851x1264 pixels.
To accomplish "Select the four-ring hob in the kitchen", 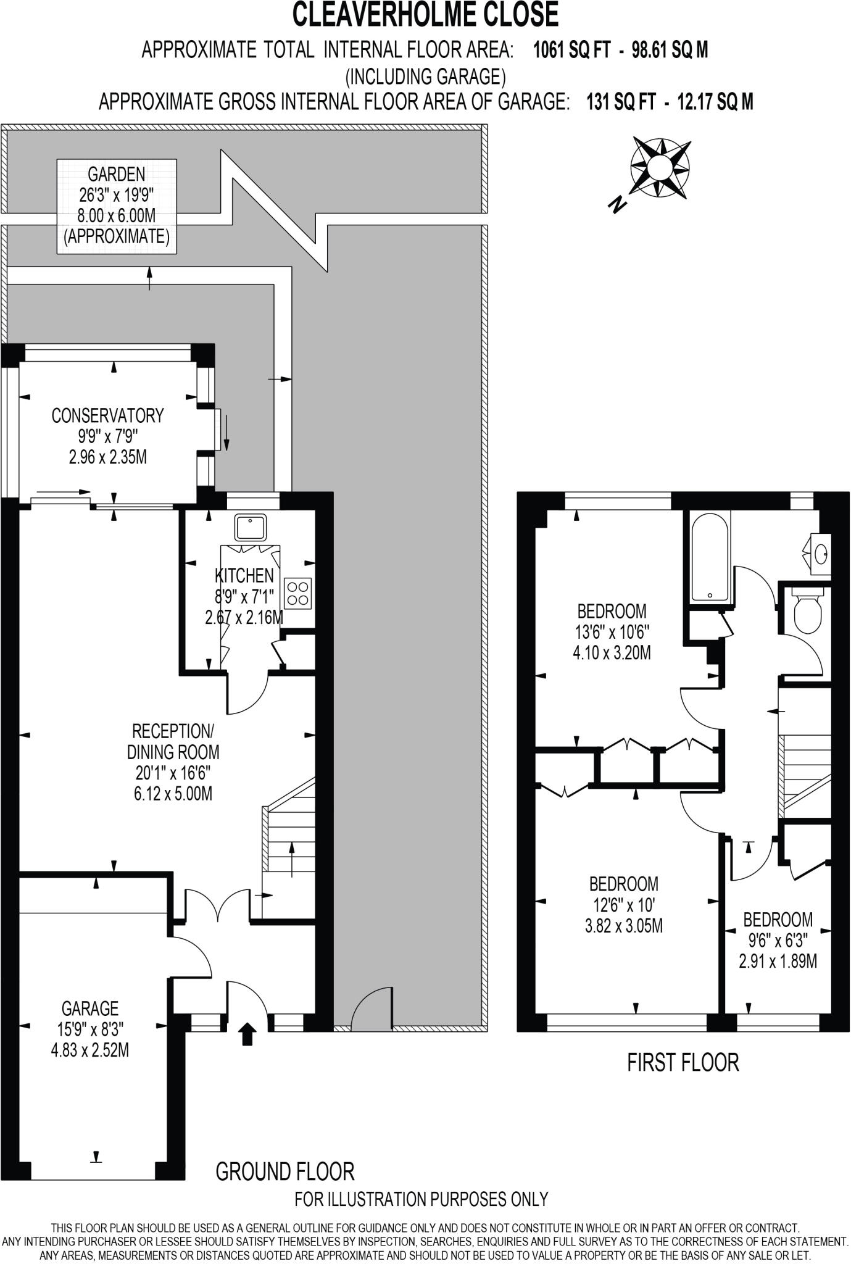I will pos(298,593).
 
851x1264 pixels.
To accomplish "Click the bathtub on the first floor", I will pos(710,559).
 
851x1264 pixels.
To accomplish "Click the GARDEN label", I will pos(116,173).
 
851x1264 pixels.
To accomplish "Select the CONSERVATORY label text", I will pos(107,415).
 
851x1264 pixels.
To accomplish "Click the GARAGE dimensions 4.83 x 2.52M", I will pos(90,1049).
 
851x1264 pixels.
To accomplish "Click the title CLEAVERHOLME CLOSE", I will pos(425,15).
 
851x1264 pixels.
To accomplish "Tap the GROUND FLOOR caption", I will pos(284,1171).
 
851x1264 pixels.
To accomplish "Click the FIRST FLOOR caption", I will pos(683,1062).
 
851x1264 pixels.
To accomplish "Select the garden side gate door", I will pos(371,1010).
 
